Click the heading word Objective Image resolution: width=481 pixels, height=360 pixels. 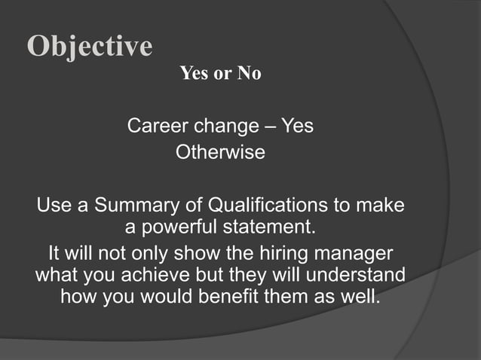click(x=90, y=47)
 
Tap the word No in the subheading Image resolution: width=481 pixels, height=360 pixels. click(x=248, y=75)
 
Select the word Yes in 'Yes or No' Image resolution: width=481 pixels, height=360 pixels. click(x=194, y=75)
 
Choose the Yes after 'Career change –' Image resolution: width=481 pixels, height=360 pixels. click(x=297, y=126)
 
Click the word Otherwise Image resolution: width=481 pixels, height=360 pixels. click(x=220, y=152)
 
